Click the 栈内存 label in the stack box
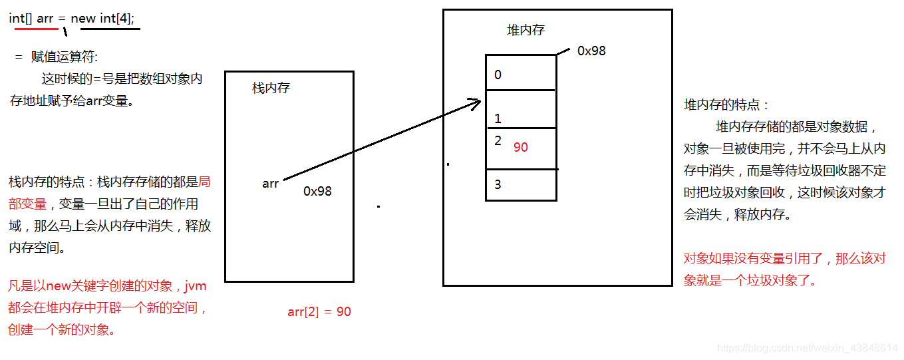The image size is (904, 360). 271,88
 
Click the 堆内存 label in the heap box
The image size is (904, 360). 526,30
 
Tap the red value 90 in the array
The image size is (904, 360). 520,147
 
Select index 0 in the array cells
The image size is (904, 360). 498,75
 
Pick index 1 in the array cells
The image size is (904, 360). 498,118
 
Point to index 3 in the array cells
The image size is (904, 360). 498,184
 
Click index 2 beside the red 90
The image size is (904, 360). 498,140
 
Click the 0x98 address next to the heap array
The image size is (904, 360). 591,51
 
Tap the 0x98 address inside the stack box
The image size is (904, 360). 317,191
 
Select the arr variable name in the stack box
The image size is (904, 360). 270,183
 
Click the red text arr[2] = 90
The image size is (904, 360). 319,311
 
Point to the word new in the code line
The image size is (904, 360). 83,19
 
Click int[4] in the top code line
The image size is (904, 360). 116,19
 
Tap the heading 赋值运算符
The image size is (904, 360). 64,57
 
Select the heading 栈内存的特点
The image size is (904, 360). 50,182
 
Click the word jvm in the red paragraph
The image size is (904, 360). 195,287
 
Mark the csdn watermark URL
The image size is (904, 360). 808,347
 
